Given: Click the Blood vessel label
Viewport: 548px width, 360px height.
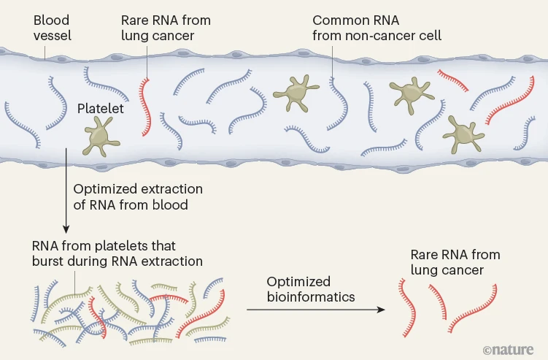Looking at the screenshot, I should point(50,28).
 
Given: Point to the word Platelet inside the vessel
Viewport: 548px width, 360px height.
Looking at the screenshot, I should point(100,109).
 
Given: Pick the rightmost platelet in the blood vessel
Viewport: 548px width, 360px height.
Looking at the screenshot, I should point(460,131).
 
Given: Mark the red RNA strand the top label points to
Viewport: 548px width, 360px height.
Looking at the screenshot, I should point(148,102).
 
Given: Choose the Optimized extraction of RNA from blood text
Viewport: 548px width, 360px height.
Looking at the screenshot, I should point(138,197).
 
